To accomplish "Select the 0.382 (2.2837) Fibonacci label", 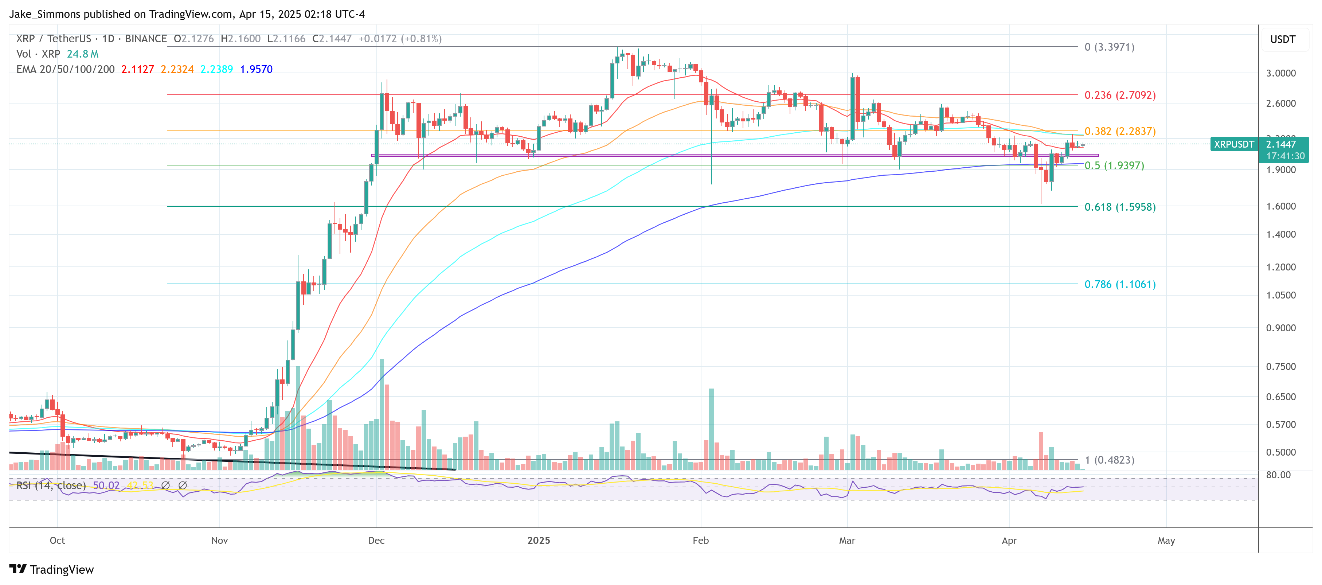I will point(1119,131).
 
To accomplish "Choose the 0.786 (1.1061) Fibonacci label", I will point(1119,284).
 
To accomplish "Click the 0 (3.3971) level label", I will point(1109,47).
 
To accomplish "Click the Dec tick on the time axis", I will point(376,541).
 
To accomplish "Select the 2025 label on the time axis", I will point(538,541).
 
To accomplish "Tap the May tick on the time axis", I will point(1166,541).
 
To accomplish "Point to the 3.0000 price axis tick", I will point(1280,73).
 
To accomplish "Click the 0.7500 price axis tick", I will point(1280,366).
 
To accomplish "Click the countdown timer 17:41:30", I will point(1284,156).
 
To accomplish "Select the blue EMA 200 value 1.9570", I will point(256,69).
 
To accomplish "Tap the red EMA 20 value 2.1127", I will point(137,69).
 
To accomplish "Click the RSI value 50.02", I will point(106,485).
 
